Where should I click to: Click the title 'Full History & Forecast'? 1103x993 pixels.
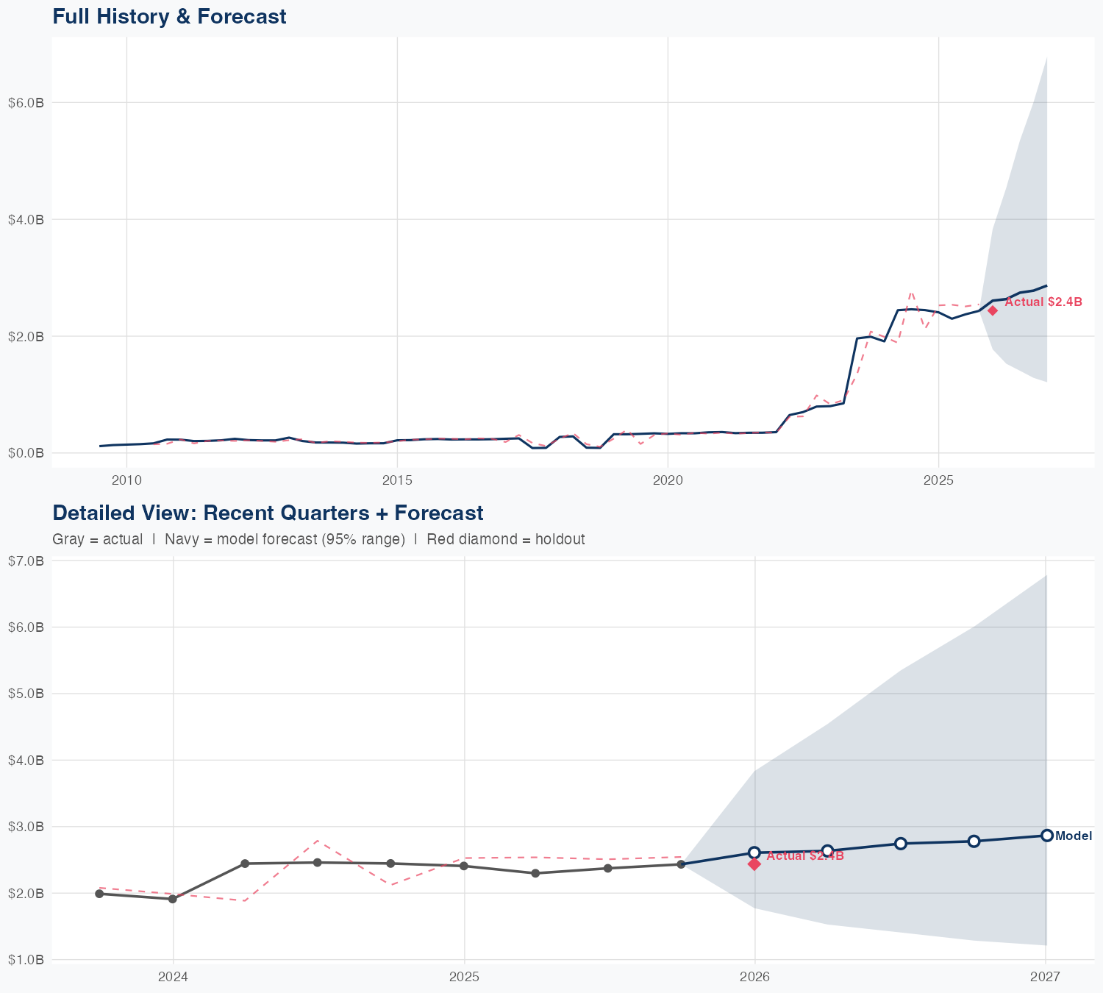[x=169, y=16]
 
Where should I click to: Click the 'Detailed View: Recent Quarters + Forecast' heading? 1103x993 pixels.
[x=268, y=513]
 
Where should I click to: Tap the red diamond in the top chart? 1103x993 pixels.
[x=993, y=310]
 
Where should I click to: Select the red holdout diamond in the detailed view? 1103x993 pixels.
[x=754, y=864]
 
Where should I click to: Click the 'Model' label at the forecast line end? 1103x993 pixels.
[x=1074, y=836]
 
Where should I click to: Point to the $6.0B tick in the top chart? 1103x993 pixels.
[x=26, y=103]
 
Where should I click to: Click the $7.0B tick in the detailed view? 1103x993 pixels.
[x=26, y=561]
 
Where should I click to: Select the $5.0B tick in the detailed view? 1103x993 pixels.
[x=26, y=694]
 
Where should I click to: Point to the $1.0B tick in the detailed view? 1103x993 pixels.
[x=26, y=960]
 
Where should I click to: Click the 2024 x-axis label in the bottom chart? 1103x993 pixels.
[x=174, y=977]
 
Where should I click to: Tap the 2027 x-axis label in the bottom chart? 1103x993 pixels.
[x=1045, y=977]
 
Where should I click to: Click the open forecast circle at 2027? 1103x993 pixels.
[x=1046, y=836]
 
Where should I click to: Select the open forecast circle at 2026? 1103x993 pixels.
[x=754, y=853]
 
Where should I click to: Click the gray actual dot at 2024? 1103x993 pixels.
[x=173, y=899]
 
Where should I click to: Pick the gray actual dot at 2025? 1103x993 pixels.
[x=464, y=866]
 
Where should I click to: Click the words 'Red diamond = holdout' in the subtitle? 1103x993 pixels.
[x=506, y=539]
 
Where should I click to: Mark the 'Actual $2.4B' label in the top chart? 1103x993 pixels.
[x=1043, y=302]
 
